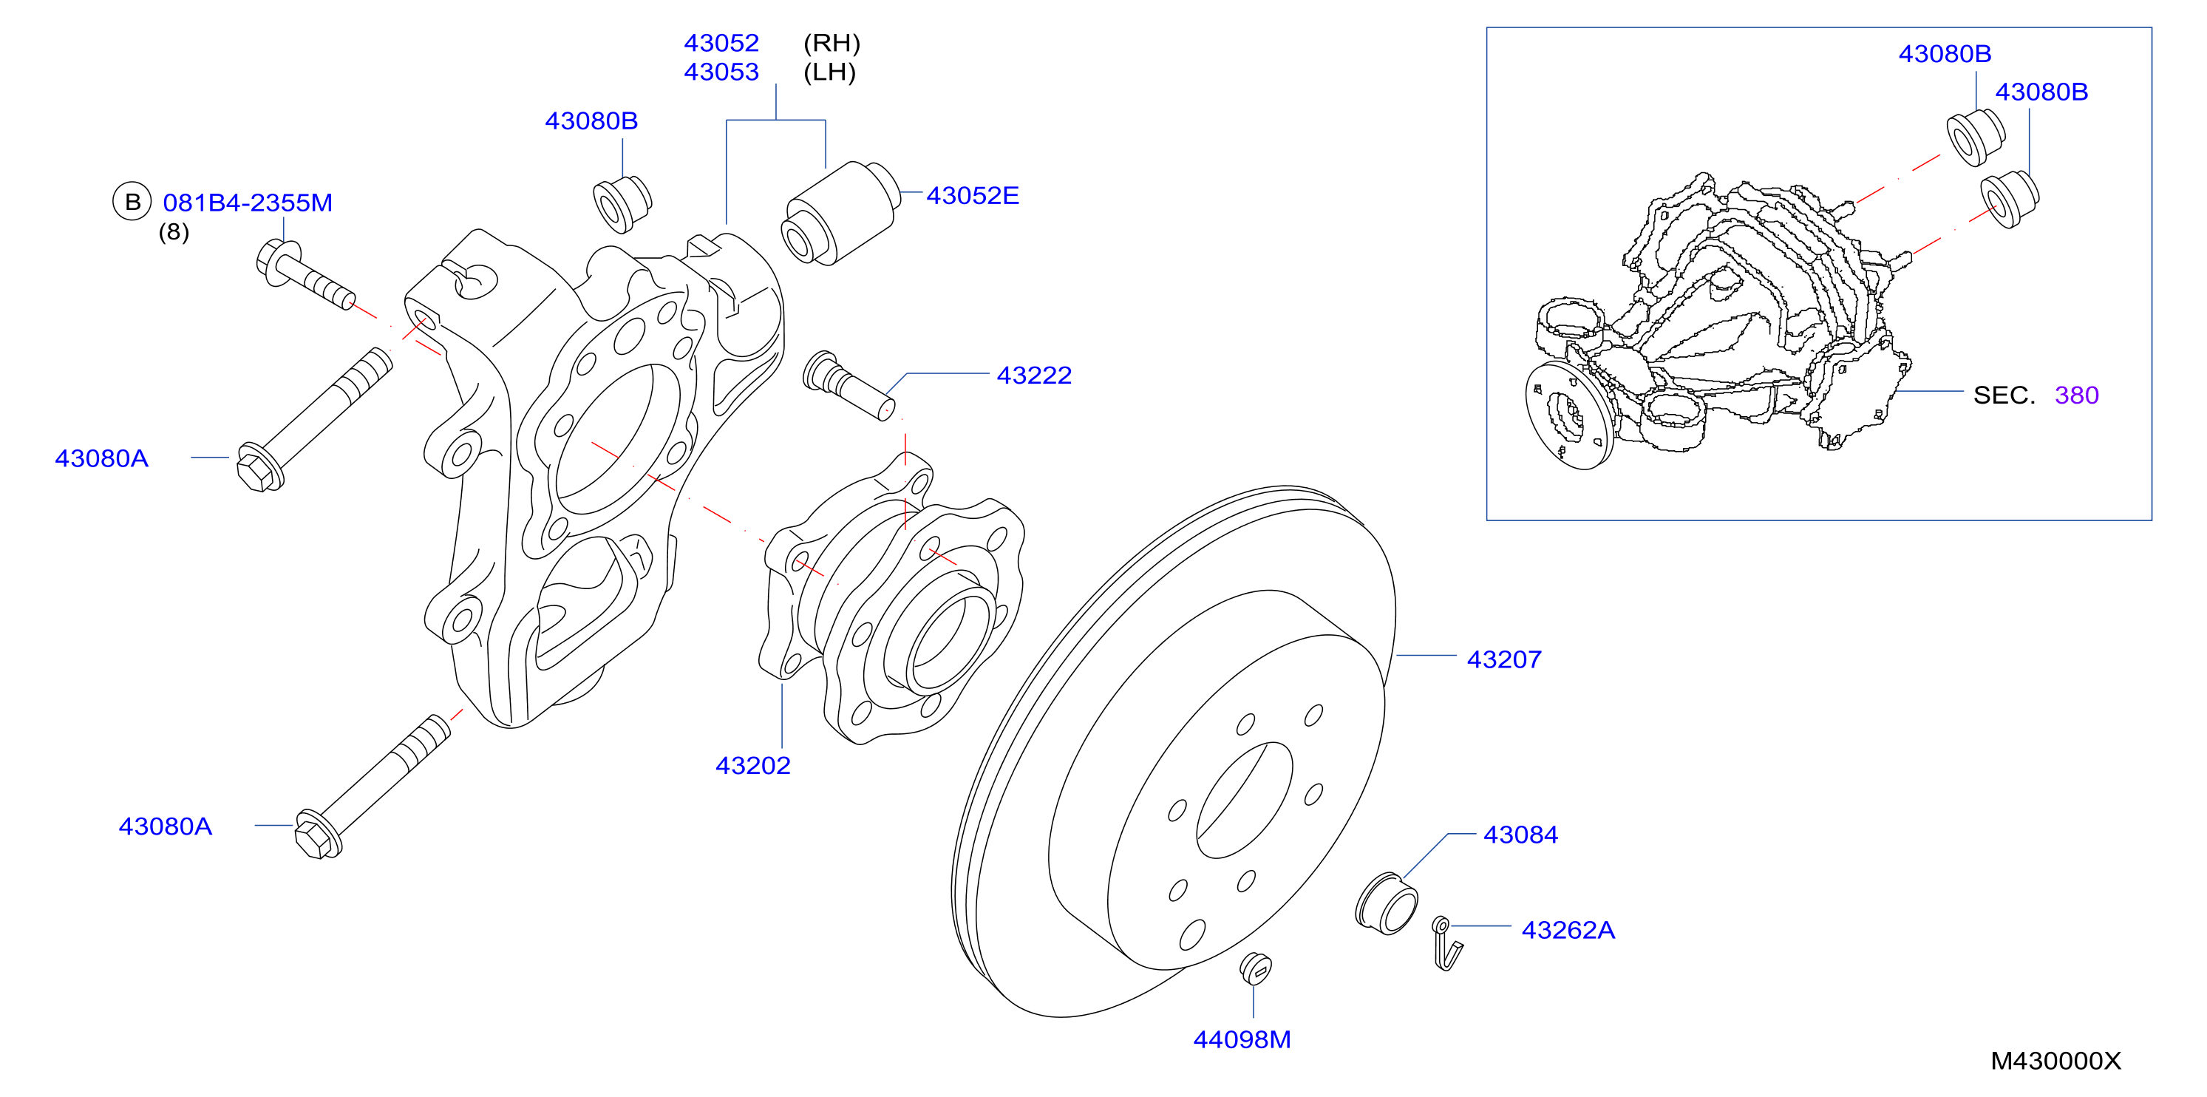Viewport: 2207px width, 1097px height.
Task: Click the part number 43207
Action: [1503, 659]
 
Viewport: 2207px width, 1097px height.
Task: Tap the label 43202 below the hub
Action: [753, 765]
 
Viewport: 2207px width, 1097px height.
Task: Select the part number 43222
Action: [1034, 376]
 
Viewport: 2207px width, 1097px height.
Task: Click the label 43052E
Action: [973, 195]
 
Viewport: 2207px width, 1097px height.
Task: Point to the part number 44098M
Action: [1242, 1039]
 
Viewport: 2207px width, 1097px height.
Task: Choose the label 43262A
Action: [1568, 930]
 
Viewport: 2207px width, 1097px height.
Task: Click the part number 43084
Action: [1521, 835]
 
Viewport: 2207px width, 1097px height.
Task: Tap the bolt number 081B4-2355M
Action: [248, 203]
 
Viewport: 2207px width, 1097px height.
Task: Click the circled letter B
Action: [132, 203]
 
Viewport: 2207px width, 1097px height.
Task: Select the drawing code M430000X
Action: [2055, 1061]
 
